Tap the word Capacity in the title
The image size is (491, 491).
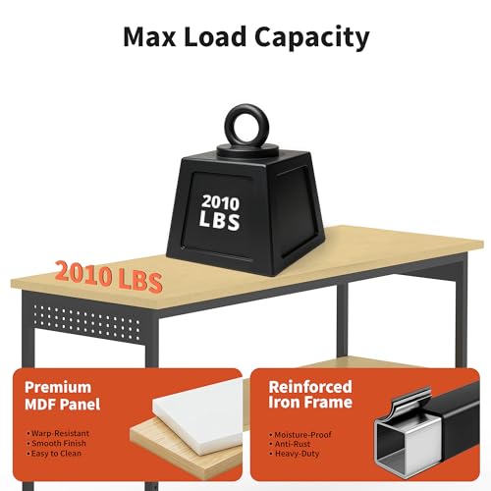click(312, 38)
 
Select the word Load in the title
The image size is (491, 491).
click(215, 36)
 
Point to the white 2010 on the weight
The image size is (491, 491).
click(220, 203)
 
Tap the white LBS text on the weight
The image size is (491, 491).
click(220, 220)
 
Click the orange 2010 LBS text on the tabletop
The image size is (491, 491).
click(109, 277)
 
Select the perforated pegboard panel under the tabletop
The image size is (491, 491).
click(86, 321)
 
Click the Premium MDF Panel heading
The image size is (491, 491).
click(63, 396)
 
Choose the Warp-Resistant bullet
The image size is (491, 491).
click(58, 433)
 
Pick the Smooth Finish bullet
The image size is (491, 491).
click(57, 443)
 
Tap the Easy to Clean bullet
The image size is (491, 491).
click(54, 454)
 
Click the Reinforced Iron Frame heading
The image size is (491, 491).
click(310, 395)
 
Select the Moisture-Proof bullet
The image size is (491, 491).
click(300, 435)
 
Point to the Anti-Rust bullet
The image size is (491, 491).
click(290, 444)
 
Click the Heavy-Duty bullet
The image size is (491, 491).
click(295, 454)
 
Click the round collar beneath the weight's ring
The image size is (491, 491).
click(247, 150)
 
